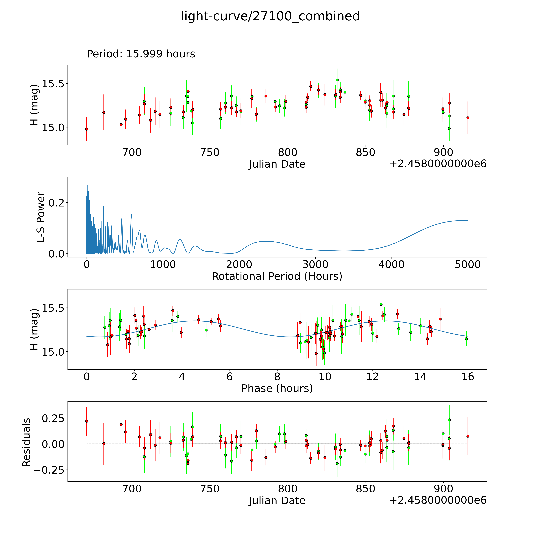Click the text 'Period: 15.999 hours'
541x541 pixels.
(141, 54)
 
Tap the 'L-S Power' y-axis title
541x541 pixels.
(41, 217)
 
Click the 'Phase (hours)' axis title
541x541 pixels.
(277, 388)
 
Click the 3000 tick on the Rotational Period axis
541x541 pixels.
(315, 264)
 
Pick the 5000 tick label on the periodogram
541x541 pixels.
(468, 264)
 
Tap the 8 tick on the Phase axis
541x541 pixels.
(277, 377)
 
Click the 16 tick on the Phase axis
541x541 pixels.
(468, 377)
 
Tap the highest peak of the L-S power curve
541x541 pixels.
(88, 181)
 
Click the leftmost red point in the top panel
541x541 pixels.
(87, 129)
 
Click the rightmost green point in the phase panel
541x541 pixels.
(466, 339)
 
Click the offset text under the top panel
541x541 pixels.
(438, 164)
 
